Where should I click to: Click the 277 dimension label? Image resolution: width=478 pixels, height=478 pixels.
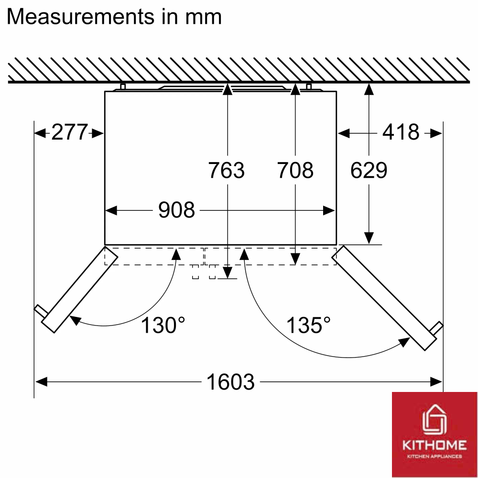(69, 132)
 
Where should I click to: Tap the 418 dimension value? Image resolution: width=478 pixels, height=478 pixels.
(401, 132)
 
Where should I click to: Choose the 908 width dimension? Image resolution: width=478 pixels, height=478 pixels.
(176, 210)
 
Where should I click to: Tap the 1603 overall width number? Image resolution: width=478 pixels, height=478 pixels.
(230, 381)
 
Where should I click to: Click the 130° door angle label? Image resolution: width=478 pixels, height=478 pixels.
(163, 325)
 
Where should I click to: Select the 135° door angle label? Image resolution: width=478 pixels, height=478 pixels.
(308, 325)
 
